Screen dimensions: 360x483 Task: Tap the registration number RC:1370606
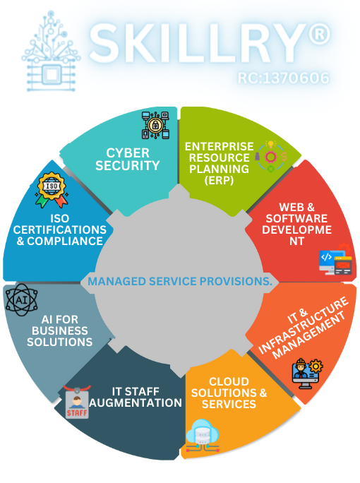pos(283,78)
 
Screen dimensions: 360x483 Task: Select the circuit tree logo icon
pos(51,51)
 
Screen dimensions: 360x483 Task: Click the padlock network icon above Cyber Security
pos(155,125)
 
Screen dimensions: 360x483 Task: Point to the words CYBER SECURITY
pos(128,160)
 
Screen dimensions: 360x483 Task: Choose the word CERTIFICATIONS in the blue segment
pos(60,229)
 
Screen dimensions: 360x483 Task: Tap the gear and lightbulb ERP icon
pos(271,157)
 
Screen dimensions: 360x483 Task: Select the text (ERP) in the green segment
pos(219,180)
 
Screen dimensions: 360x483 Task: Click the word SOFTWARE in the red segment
pos(296,218)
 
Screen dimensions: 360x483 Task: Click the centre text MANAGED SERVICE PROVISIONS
pos(180,281)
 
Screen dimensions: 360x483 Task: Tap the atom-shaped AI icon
pos(22,300)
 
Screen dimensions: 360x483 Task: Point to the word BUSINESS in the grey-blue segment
pos(60,330)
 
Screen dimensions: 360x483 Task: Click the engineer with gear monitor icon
pos(307,374)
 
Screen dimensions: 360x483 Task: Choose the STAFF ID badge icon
pos(77,402)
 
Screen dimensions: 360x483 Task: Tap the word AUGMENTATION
pos(136,402)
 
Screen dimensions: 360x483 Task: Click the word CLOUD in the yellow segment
pos(229,381)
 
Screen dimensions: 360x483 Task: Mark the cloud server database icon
pos(203,436)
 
